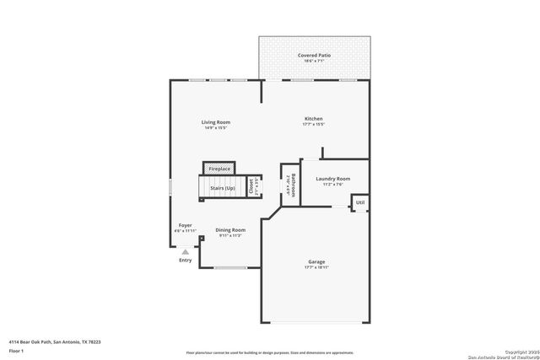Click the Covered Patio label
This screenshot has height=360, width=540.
tap(314, 55)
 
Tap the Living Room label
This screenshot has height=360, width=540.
tap(215, 122)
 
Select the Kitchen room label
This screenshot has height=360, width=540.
tap(314, 119)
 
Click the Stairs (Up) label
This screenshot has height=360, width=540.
tap(223, 187)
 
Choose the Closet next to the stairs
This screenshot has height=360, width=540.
tap(251, 187)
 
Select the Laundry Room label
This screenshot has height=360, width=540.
tap(332, 179)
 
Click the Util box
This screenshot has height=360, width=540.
tap(360, 202)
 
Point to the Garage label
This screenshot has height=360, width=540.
tap(316, 261)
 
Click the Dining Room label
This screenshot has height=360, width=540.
tap(230, 229)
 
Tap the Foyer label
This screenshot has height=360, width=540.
tap(184, 225)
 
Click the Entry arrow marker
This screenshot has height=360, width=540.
tap(185, 250)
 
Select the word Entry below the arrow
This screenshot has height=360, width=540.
tap(185, 260)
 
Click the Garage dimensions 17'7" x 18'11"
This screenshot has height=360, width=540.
tap(316, 267)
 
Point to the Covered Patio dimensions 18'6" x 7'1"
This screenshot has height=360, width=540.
tap(314, 61)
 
